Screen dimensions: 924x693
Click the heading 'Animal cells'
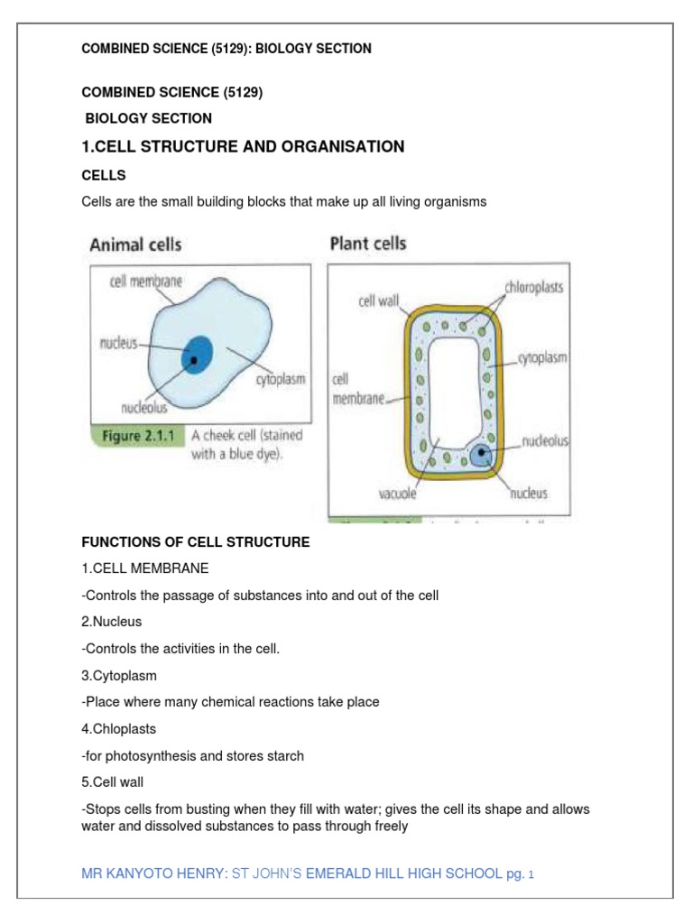click(x=134, y=244)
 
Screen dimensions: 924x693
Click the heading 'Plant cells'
click(x=368, y=243)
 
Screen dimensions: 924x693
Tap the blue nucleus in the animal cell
click(x=196, y=354)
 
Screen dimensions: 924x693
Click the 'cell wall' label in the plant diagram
click(x=379, y=301)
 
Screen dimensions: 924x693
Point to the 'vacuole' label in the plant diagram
click(x=401, y=494)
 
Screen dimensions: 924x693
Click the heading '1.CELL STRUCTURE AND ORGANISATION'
click(x=243, y=146)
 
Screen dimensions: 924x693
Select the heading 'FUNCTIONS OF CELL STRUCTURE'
click(x=196, y=542)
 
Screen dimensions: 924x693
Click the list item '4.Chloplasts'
click(x=117, y=728)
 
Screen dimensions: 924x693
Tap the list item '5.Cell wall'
click(x=113, y=782)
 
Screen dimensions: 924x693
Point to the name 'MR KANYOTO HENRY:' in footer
click(x=155, y=873)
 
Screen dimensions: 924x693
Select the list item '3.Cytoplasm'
click(x=117, y=675)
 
